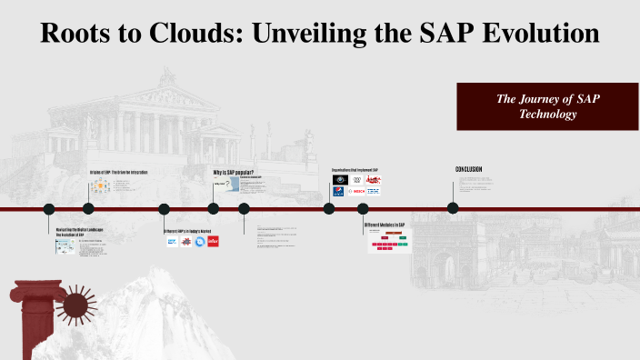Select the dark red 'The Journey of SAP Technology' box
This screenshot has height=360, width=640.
(547, 105)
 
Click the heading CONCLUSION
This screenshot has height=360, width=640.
(468, 169)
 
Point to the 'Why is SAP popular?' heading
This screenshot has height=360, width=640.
(232, 172)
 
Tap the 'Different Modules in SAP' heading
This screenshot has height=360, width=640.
(384, 225)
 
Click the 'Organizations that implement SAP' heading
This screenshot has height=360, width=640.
(355, 170)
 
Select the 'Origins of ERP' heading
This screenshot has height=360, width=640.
(118, 172)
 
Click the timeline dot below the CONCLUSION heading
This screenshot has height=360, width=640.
(453, 208)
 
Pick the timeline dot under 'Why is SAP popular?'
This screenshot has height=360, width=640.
(214, 208)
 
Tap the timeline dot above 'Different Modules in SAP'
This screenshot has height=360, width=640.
(364, 208)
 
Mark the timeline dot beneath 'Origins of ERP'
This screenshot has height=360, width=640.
(98, 208)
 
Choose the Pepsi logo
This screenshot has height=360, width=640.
(339, 180)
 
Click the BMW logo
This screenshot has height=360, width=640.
(339, 192)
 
